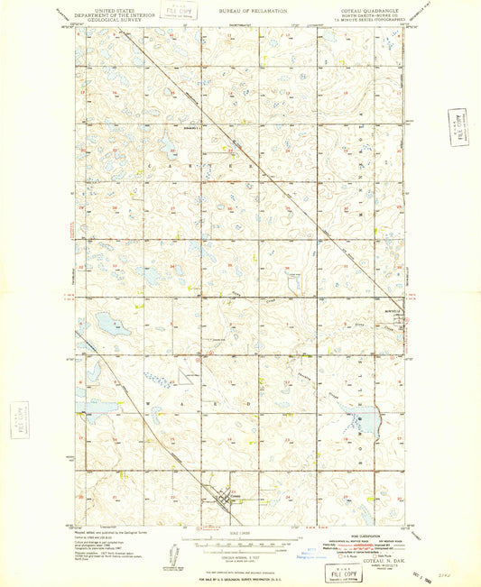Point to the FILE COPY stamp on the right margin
[x=461, y=125]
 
